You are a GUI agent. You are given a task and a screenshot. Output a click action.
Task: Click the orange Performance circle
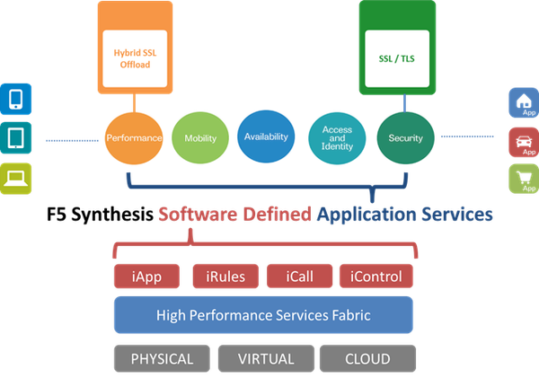point(134,138)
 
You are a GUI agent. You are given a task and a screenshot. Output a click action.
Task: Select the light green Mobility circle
point(199,138)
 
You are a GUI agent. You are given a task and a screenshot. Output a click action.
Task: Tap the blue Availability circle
point(266,137)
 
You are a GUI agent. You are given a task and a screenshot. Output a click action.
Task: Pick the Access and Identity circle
point(336,137)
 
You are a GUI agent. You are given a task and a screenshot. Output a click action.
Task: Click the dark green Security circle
point(405,138)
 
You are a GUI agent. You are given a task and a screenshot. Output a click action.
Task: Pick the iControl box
point(378,277)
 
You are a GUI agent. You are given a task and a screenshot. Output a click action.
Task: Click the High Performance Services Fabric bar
point(263,315)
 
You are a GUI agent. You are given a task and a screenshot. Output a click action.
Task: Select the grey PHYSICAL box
point(162,358)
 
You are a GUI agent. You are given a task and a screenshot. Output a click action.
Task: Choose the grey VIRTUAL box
point(266,358)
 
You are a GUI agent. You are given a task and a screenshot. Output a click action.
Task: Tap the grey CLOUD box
point(367,358)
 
